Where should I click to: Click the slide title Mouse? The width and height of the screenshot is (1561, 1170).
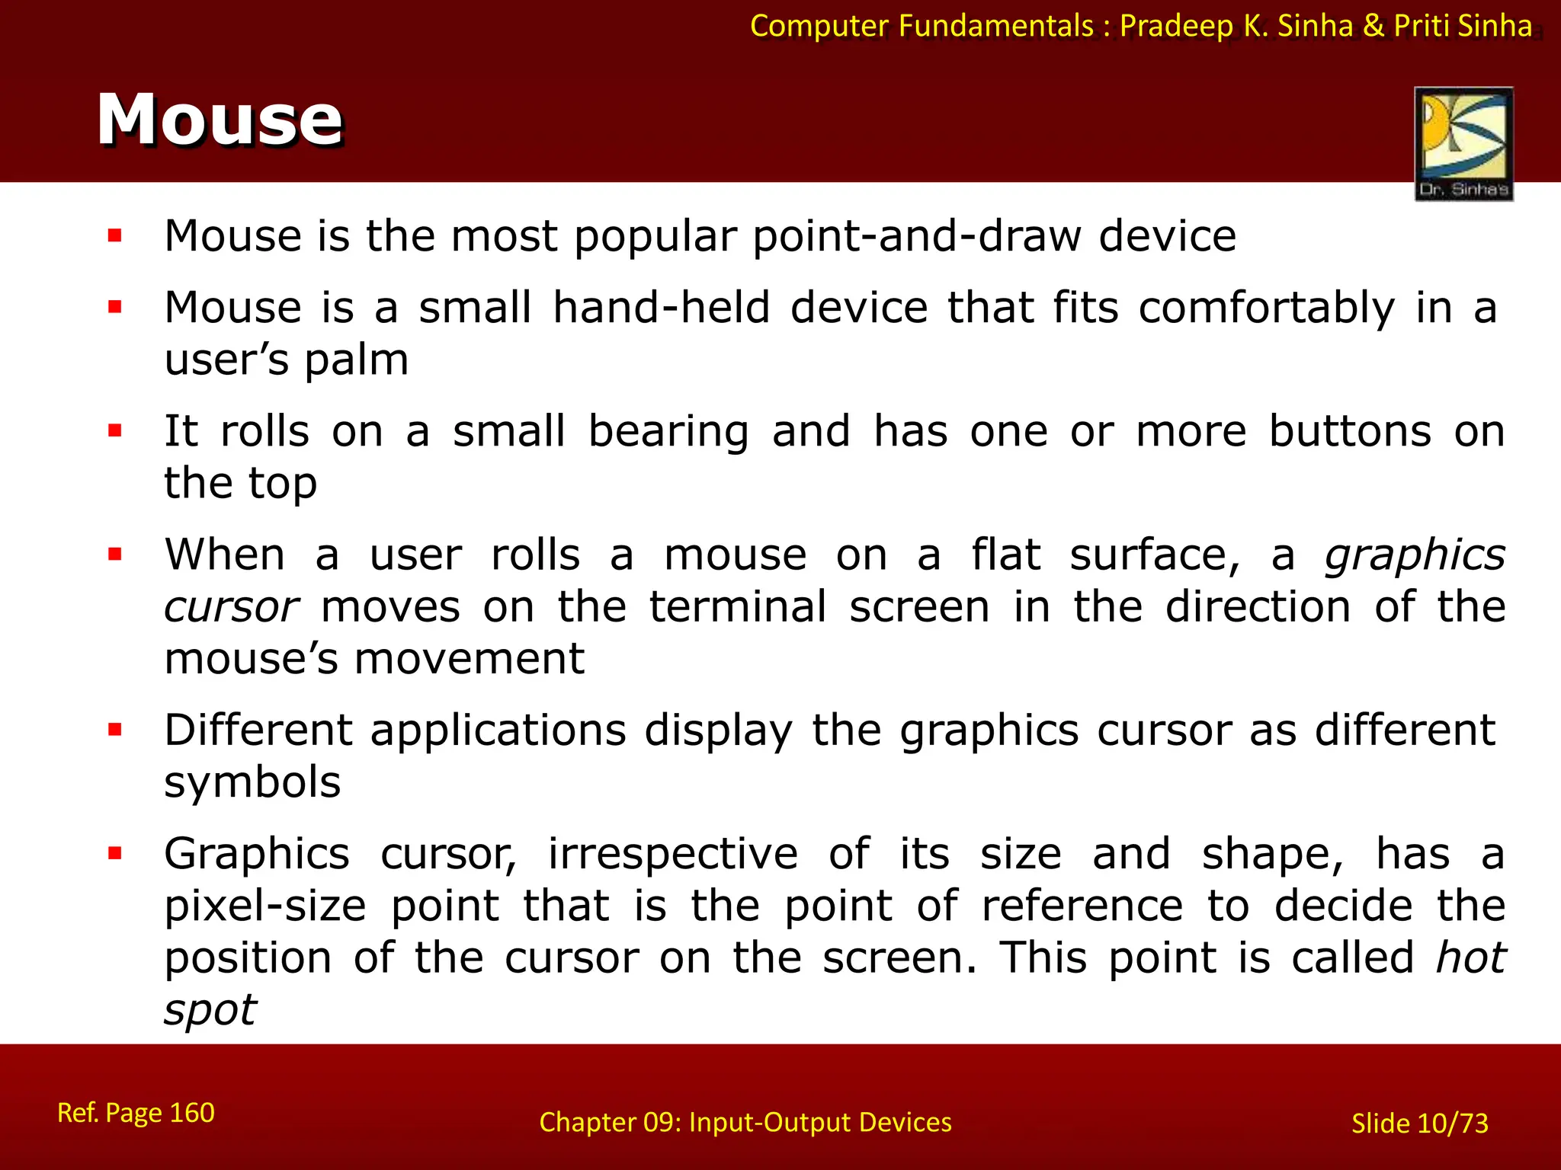(220, 120)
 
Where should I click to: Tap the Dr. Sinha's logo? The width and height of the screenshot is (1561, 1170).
(1463, 144)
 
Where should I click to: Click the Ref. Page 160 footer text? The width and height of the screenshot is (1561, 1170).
(136, 1113)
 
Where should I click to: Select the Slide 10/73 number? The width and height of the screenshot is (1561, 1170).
(1419, 1124)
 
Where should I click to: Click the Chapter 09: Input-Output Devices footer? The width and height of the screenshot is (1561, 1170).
(745, 1122)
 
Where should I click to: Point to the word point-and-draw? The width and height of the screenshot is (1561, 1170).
(917, 236)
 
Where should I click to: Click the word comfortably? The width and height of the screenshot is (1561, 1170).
(1266, 308)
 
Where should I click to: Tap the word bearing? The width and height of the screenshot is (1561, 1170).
(668, 432)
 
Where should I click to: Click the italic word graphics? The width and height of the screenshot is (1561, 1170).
(1415, 555)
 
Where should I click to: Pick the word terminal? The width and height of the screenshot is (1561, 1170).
(737, 607)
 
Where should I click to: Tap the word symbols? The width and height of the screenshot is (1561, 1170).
(252, 782)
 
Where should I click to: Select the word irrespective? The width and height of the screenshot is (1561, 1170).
(672, 854)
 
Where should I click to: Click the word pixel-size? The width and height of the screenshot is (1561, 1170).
(264, 906)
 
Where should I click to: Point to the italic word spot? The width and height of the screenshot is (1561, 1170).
(210, 1011)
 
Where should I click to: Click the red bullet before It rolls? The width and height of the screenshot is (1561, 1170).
(115, 432)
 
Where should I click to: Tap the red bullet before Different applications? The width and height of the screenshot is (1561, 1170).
(115, 730)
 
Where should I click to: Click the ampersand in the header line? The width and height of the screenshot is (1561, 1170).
(1373, 26)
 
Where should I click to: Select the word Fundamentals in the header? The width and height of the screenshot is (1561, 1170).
(995, 26)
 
